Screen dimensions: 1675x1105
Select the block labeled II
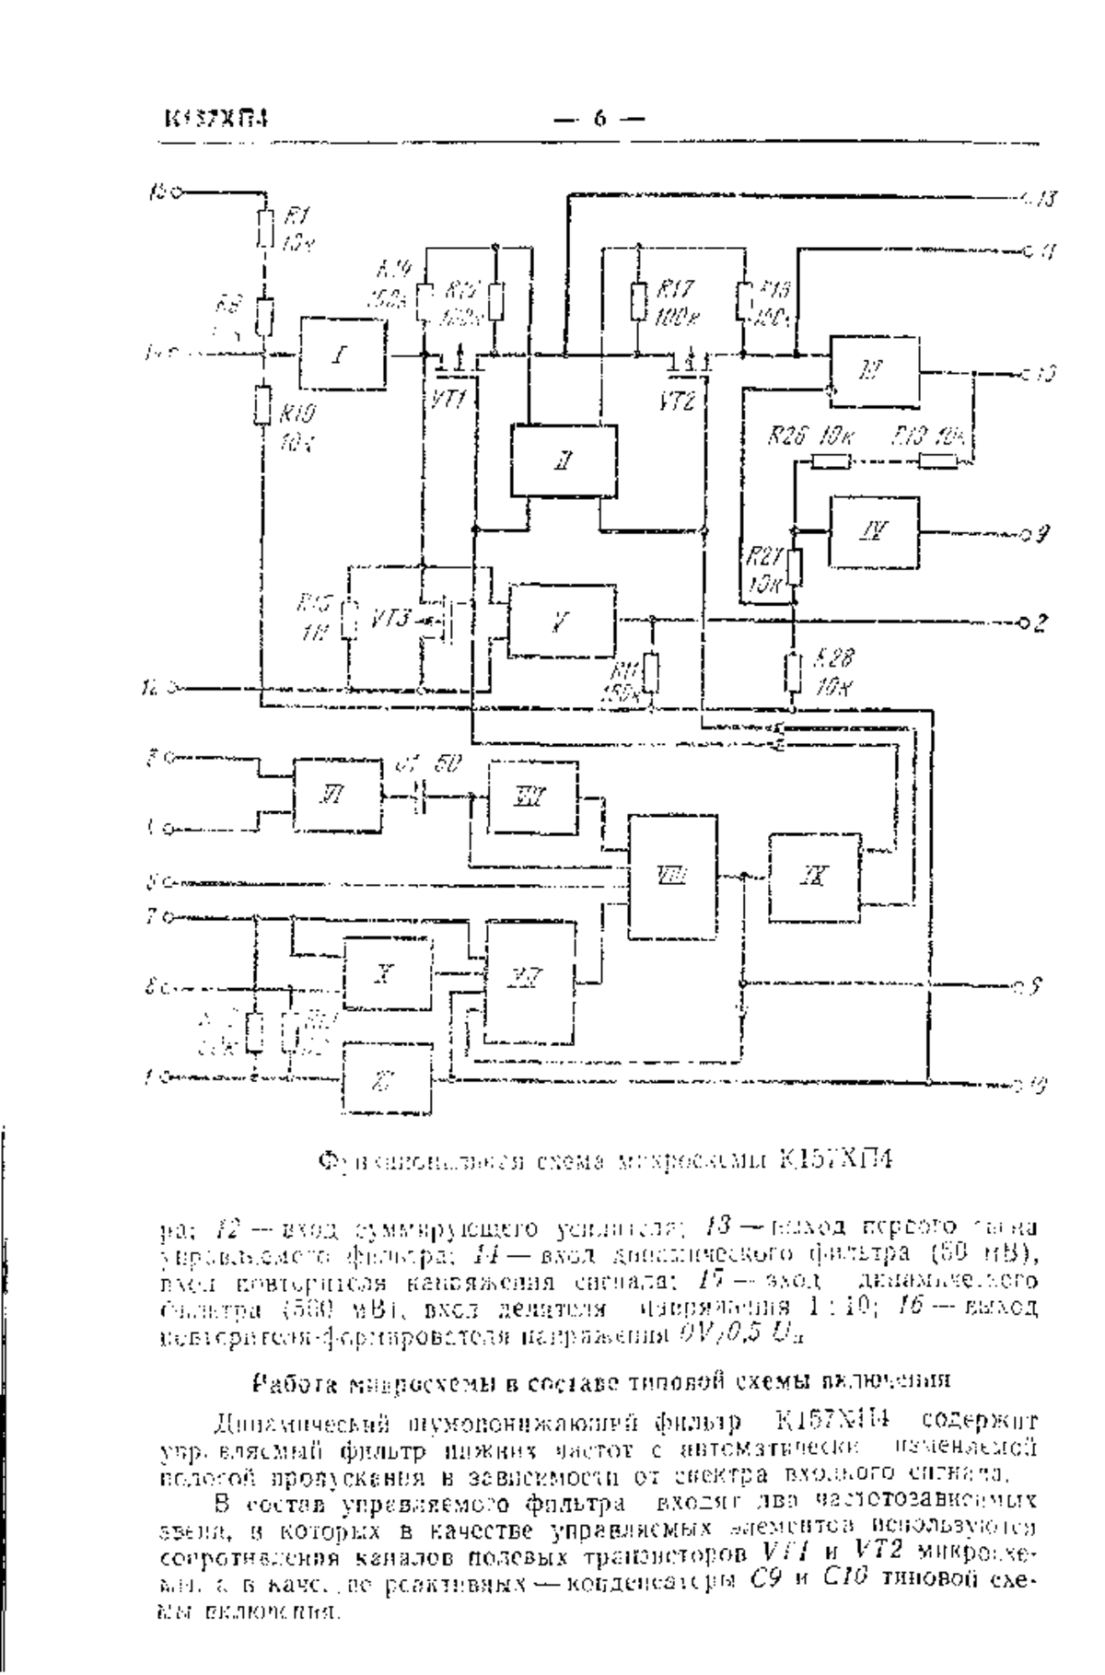pyautogui.click(x=564, y=460)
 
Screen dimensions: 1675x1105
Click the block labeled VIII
pyautogui.click(x=672, y=876)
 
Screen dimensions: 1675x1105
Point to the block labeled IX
pyautogui.click(x=815, y=877)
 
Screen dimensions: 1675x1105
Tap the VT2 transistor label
pyautogui.click(x=677, y=400)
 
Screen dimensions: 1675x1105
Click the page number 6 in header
pyautogui.click(x=599, y=118)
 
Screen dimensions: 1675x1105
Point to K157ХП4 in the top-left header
pyautogui.click(x=216, y=119)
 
